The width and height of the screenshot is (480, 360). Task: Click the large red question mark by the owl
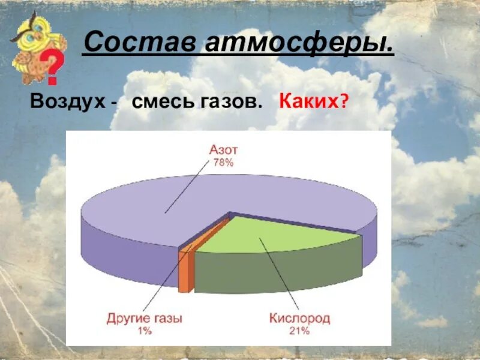click(53, 68)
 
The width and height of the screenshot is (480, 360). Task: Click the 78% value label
click(222, 163)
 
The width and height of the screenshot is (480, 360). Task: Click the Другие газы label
click(145, 318)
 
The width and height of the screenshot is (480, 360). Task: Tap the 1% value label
click(145, 331)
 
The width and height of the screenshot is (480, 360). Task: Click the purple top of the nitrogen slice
click(180, 204)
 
